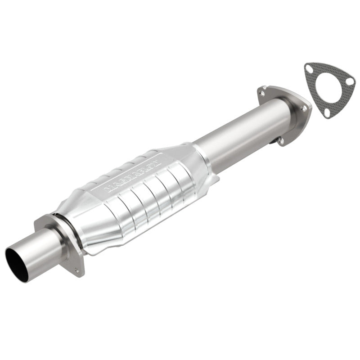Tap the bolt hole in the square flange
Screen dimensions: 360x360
77,271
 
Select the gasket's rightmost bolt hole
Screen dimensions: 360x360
350,81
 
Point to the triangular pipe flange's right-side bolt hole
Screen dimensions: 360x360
304,108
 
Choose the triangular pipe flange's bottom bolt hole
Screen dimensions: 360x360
281,140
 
